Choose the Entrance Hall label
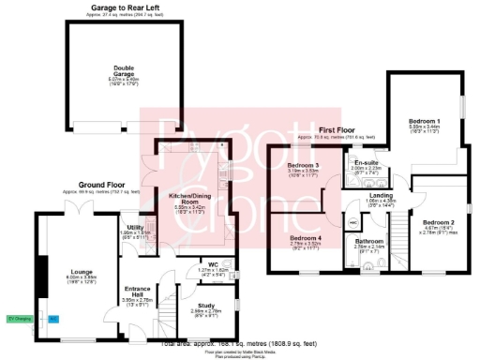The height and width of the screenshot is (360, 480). (138, 291)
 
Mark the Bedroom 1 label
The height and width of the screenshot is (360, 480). (425, 122)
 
